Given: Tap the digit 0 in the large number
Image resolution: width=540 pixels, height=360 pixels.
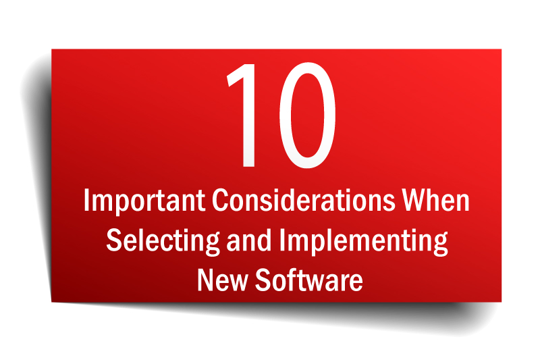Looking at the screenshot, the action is point(307,115).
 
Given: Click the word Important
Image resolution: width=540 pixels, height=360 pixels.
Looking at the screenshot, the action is point(144,201).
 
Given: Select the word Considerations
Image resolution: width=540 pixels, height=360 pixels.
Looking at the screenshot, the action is point(303,200).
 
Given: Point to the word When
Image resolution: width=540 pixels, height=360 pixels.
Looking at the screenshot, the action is point(436,200).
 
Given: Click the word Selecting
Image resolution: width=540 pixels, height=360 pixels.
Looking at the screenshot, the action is point(163,241).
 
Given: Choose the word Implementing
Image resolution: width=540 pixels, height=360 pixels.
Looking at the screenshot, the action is point(363,241).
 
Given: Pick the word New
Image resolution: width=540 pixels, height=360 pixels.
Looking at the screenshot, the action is point(223,280).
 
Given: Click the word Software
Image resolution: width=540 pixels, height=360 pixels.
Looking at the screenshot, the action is point(309,280).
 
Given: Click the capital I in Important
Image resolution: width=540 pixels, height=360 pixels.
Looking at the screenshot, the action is point(86,200).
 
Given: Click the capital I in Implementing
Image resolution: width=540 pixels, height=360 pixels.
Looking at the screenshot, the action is point(281,240).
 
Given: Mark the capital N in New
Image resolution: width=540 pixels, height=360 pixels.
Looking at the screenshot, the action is point(205,280).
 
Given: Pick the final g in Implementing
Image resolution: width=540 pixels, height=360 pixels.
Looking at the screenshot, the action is point(441,245).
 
